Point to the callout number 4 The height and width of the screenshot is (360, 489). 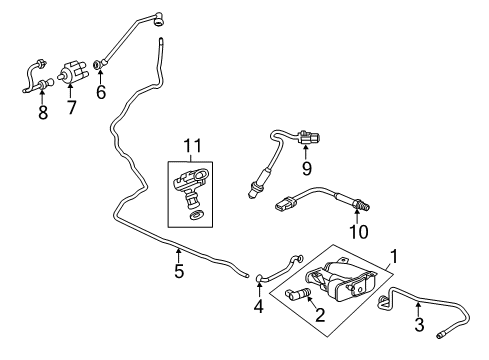click(x=258, y=306)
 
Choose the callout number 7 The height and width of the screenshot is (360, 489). click(x=69, y=105)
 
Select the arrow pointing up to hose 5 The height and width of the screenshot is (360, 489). click(x=179, y=252)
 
